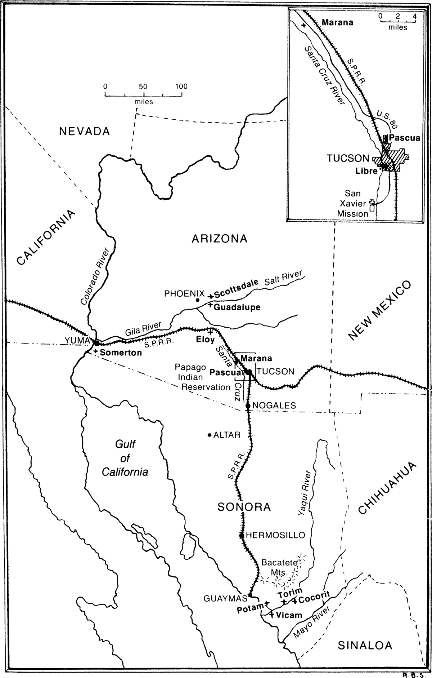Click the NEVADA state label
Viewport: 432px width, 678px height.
pos(84,132)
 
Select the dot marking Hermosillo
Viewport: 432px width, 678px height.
pos(242,535)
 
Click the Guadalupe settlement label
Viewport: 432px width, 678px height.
pos(237,307)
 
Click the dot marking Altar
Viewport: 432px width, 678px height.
pos(209,435)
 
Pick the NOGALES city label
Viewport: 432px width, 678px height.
pos(274,406)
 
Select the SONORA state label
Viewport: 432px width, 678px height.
pos(244,508)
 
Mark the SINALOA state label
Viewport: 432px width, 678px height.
pos(365,646)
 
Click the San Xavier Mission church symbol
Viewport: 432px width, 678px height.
pos(372,206)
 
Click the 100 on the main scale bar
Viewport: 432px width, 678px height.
pos(181,87)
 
